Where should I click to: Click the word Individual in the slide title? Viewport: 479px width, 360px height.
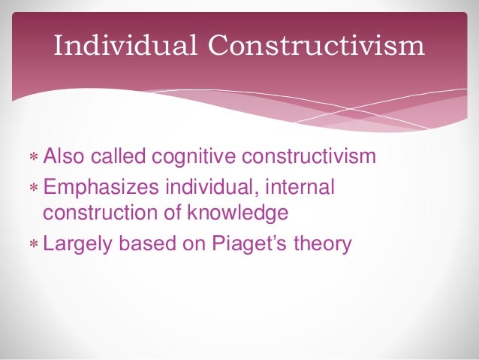[x=126, y=47]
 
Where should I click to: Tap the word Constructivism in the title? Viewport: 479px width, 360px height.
[x=316, y=47]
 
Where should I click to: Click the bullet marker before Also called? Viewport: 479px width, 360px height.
[x=34, y=159]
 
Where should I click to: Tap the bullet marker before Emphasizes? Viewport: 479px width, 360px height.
[x=34, y=186]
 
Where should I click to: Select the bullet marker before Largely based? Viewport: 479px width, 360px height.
[x=34, y=245]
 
